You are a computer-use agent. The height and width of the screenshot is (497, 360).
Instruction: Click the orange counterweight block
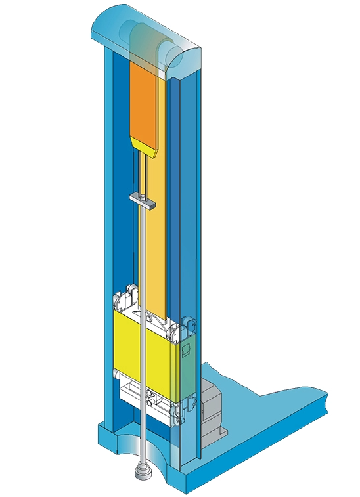145,102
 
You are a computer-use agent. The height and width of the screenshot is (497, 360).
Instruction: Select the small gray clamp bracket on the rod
143,199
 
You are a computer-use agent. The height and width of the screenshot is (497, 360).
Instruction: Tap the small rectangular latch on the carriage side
187,349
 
